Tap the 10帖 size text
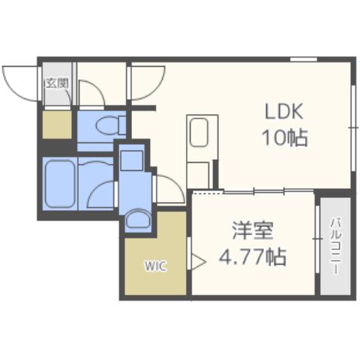(x=284, y=138)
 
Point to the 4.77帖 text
(x=252, y=257)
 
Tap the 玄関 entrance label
(x=56, y=82)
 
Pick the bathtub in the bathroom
(x=58, y=183)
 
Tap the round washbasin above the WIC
(x=136, y=219)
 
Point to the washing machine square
(x=132, y=160)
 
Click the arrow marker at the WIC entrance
(x=196, y=262)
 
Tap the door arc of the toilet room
(x=93, y=94)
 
